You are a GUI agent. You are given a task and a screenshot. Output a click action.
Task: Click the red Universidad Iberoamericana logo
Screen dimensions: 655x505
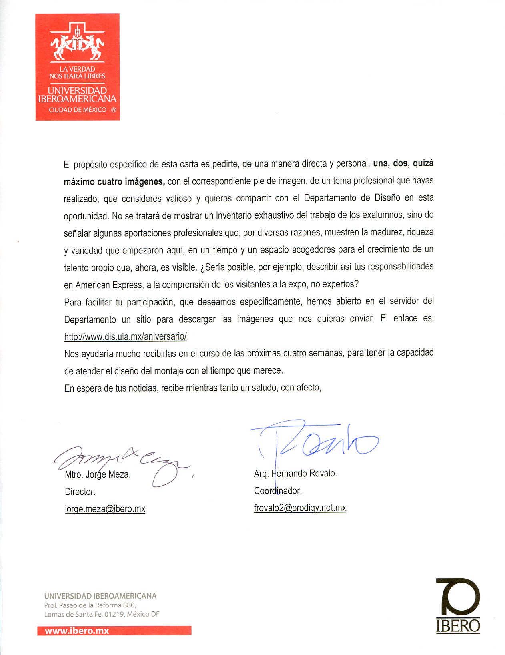click(x=78, y=67)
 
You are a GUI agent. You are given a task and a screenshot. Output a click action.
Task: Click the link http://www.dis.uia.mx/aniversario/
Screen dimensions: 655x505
click(x=125, y=336)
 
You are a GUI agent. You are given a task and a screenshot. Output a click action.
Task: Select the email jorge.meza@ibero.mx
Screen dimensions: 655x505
click(x=105, y=509)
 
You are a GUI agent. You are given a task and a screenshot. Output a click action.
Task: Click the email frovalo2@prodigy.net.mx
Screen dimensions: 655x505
click(x=300, y=508)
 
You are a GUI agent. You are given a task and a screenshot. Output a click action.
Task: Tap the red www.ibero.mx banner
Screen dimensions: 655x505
click(x=114, y=631)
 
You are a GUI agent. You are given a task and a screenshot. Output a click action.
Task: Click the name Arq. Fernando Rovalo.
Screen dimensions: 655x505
click(x=295, y=473)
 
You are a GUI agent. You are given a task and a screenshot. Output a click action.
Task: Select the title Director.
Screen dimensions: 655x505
click(x=80, y=492)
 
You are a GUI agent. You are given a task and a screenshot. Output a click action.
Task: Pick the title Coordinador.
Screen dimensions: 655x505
click(x=278, y=490)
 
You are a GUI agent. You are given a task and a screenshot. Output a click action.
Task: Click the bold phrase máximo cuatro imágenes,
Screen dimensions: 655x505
click(x=114, y=182)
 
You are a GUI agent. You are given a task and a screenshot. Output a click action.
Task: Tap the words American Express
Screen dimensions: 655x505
click(x=109, y=285)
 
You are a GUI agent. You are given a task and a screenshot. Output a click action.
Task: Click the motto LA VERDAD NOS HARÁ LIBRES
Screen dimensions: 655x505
click(x=77, y=72)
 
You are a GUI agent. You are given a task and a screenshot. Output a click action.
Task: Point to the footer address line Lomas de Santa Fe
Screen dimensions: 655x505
click(x=102, y=614)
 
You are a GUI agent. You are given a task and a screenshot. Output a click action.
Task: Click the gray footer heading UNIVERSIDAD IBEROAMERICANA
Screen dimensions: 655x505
click(x=100, y=596)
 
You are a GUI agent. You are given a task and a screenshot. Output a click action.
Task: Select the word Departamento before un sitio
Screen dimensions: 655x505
click(x=90, y=319)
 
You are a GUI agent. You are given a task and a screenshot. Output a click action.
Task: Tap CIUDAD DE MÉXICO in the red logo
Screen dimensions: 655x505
click(x=78, y=110)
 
